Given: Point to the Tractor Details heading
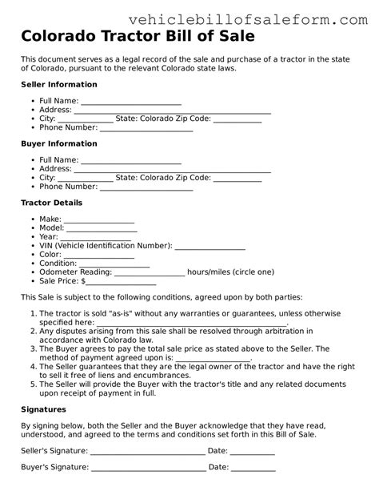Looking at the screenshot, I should click(x=51, y=203).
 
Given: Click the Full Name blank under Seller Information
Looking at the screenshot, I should click(x=131, y=102).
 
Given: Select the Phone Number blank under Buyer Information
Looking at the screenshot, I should click(x=146, y=187).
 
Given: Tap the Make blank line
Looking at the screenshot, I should click(x=98, y=219).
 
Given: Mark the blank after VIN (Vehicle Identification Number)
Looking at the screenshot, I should click(x=209, y=246).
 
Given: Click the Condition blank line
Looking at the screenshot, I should click(x=114, y=264).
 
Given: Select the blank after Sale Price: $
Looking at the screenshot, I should click(x=120, y=282).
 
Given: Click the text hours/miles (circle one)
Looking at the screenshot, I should click(x=230, y=272).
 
